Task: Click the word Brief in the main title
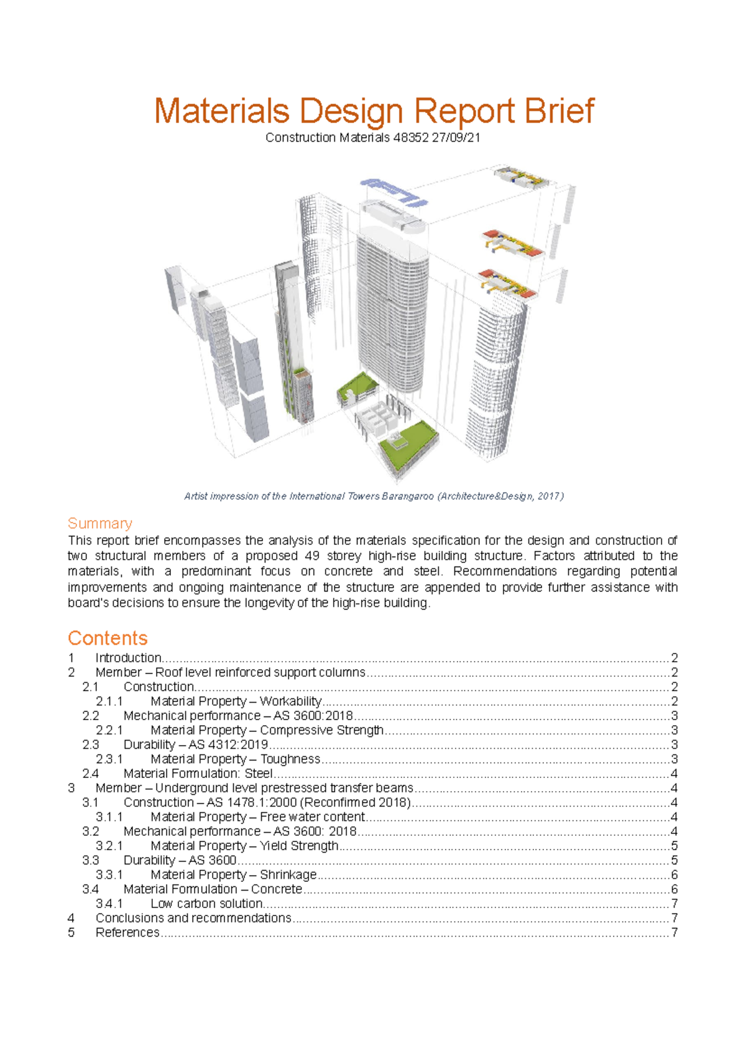(x=559, y=111)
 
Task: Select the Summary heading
(x=100, y=523)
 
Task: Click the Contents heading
(x=108, y=638)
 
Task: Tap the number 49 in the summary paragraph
(x=312, y=556)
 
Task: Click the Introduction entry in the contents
(x=128, y=658)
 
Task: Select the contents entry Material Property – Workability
(x=236, y=702)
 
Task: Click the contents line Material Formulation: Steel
(x=198, y=774)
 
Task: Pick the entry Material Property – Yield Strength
(x=244, y=846)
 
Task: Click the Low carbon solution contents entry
(x=206, y=904)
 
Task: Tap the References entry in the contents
(x=127, y=932)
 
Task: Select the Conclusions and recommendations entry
(x=193, y=918)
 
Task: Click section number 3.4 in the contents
(x=90, y=889)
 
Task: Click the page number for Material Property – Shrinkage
(x=674, y=875)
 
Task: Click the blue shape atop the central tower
(x=394, y=190)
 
